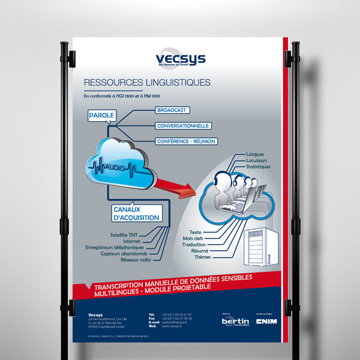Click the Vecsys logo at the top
coord(179,59)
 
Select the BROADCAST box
coord(173,110)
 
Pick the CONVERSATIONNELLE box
coord(182,126)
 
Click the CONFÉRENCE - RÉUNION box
coord(185,142)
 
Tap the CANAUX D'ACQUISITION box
coord(136,213)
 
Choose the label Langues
coord(255,155)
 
